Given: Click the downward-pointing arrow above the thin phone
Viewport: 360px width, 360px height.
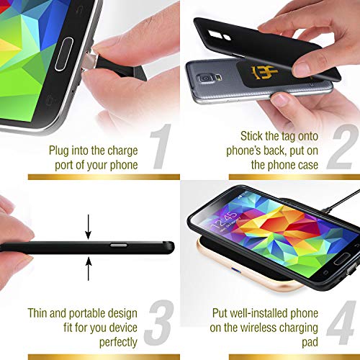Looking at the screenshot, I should (89, 228).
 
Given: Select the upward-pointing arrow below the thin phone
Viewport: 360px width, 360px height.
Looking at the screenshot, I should (89, 268).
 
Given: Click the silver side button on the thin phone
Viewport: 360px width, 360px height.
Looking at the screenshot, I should (116, 246).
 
